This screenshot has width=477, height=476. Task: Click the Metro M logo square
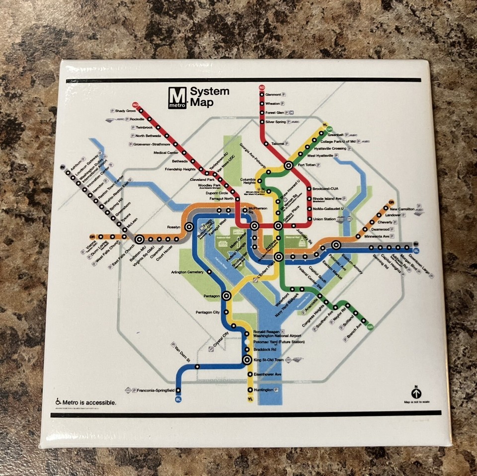click(177, 97)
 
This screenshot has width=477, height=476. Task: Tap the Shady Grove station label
click(125, 111)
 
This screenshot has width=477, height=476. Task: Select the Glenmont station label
click(273, 95)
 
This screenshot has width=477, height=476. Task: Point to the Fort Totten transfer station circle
click(288, 165)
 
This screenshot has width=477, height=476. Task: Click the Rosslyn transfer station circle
click(189, 227)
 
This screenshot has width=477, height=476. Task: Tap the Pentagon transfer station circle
click(227, 296)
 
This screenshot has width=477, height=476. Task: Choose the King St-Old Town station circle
click(247, 359)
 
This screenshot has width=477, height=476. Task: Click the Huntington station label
click(263, 390)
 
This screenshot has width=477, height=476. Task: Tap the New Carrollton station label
click(402, 209)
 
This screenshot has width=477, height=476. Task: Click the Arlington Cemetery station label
click(187, 272)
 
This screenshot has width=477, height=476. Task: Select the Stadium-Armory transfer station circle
click(336, 244)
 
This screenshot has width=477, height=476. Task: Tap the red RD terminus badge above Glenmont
click(262, 88)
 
